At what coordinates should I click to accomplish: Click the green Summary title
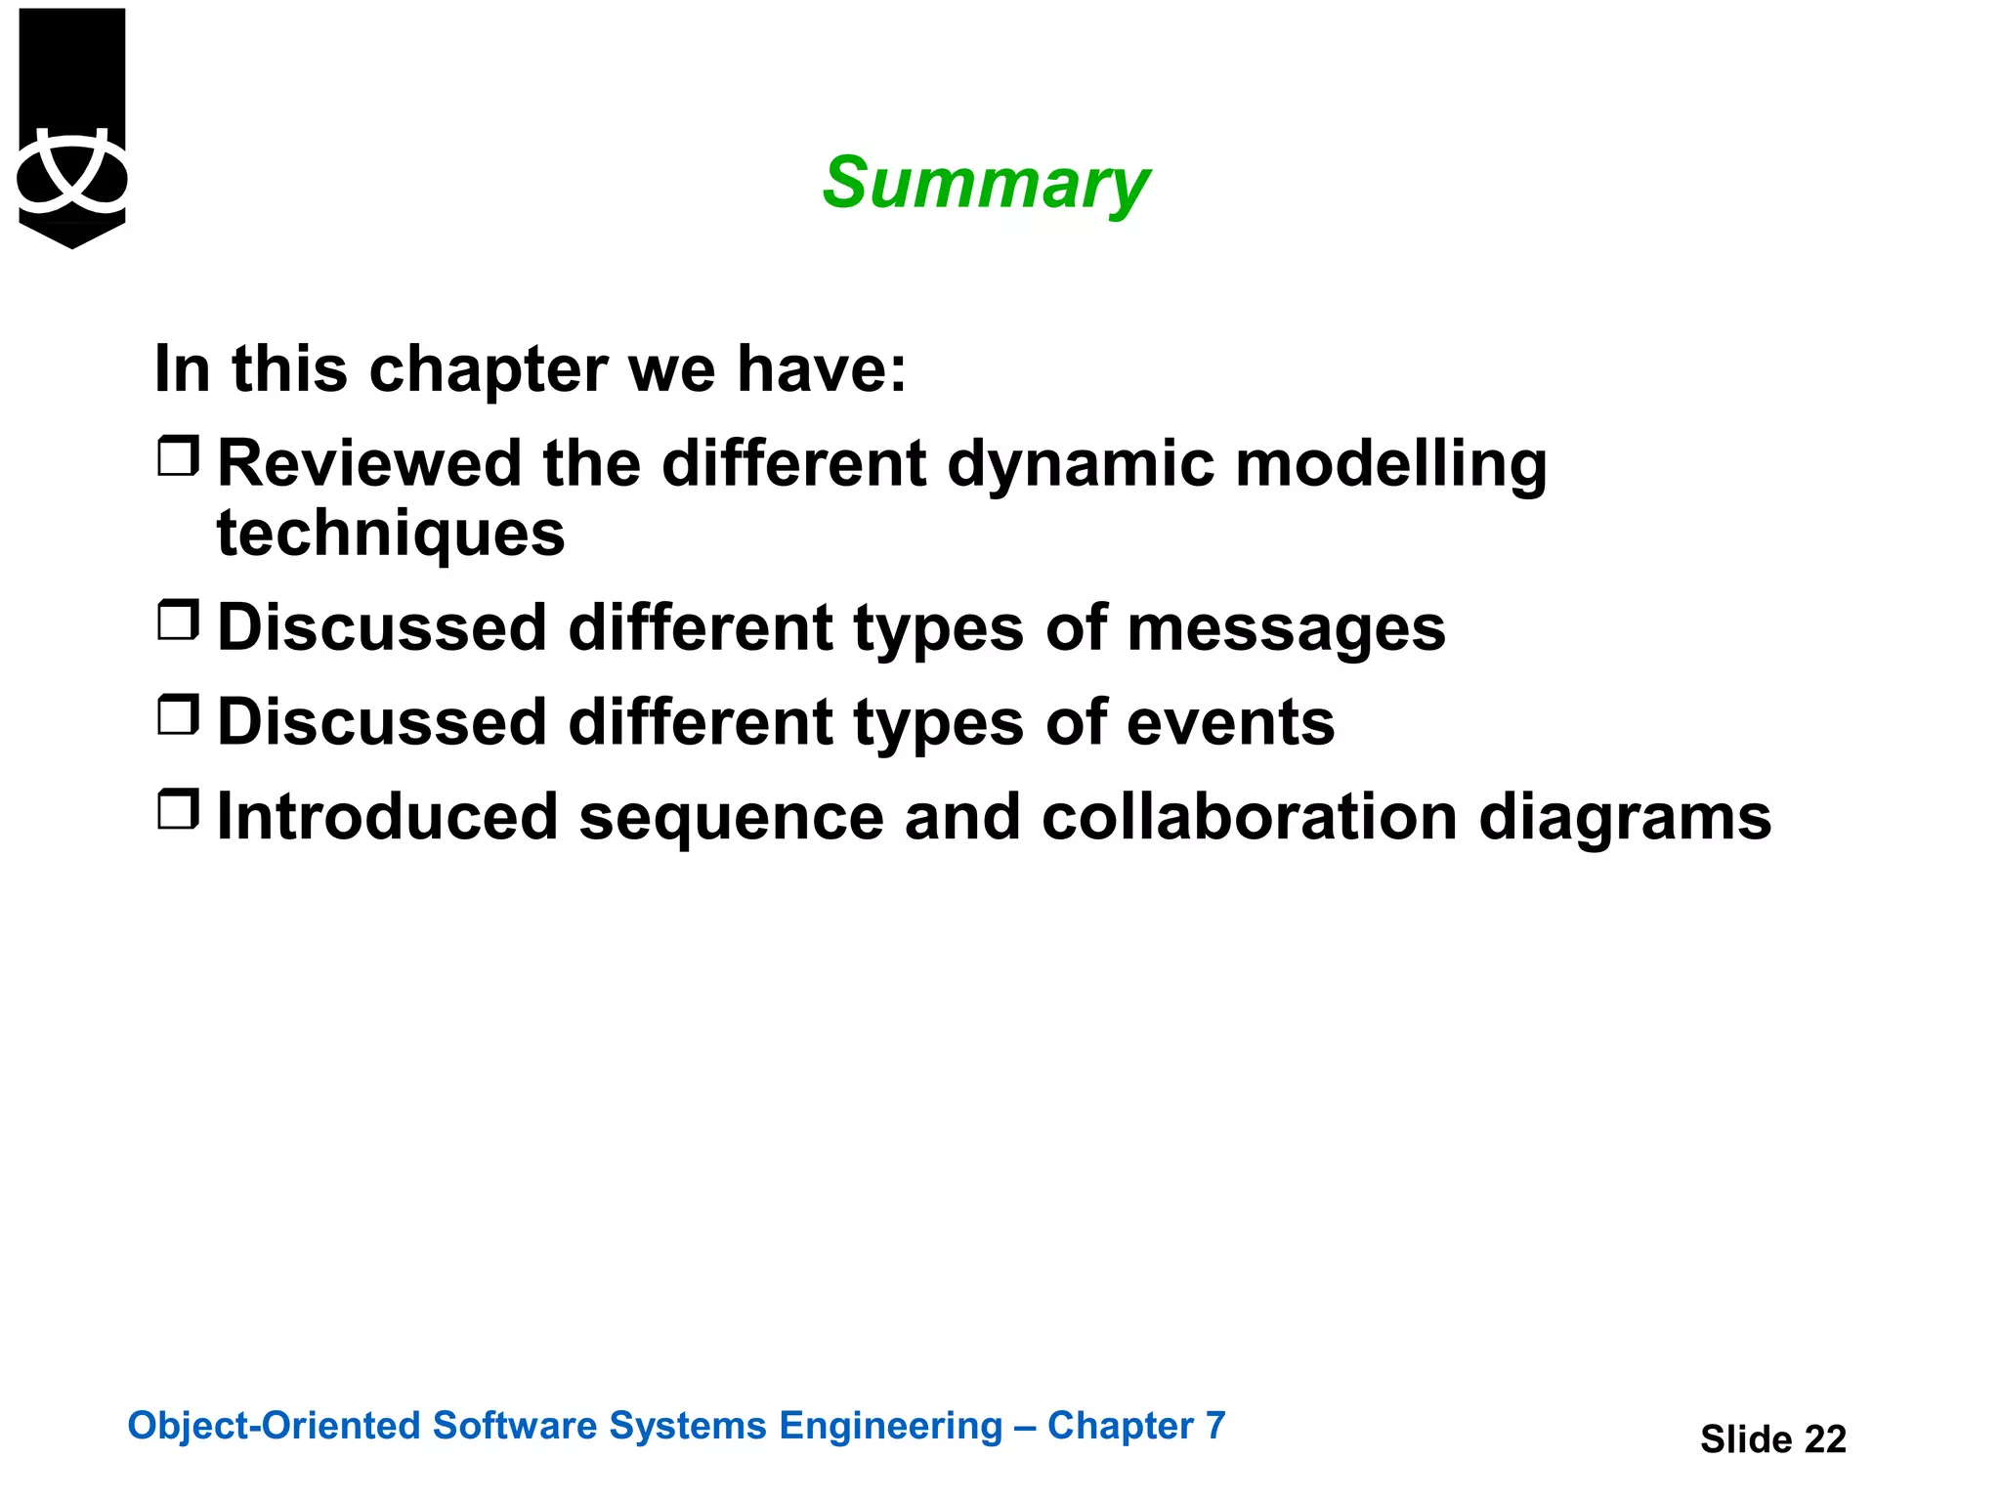985,184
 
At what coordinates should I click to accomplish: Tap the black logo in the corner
72,127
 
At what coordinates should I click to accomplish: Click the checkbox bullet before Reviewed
179,456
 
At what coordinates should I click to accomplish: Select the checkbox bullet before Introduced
179,809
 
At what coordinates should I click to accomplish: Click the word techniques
391,535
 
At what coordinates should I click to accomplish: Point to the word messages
1286,627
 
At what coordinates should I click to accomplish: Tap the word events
1230,722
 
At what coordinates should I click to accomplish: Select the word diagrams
1625,819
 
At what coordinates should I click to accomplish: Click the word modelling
1391,463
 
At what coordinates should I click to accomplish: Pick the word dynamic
1081,465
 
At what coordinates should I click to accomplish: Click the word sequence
731,819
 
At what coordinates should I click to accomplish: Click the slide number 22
1824,1439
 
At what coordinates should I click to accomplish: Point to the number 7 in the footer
1214,1426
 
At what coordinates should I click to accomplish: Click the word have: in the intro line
821,369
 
